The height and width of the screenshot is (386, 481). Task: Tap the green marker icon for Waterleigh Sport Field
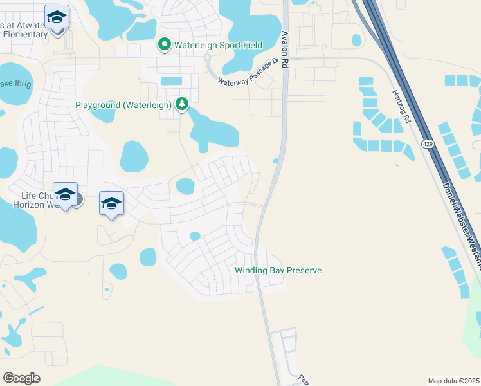(164, 44)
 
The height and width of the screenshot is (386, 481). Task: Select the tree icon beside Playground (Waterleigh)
(182, 104)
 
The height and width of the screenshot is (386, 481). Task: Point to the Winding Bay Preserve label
(278, 270)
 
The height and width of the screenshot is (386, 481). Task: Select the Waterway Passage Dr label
(249, 73)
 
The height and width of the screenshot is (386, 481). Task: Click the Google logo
(21, 378)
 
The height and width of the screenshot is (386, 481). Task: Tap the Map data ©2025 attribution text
(453, 381)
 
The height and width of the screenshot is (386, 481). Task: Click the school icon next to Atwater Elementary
(57, 17)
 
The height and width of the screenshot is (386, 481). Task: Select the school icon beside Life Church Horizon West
(65, 195)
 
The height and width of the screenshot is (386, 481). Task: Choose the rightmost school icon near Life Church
(111, 204)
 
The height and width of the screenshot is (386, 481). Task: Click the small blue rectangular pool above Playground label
(171, 81)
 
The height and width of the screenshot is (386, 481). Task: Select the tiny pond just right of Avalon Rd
(276, 161)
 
